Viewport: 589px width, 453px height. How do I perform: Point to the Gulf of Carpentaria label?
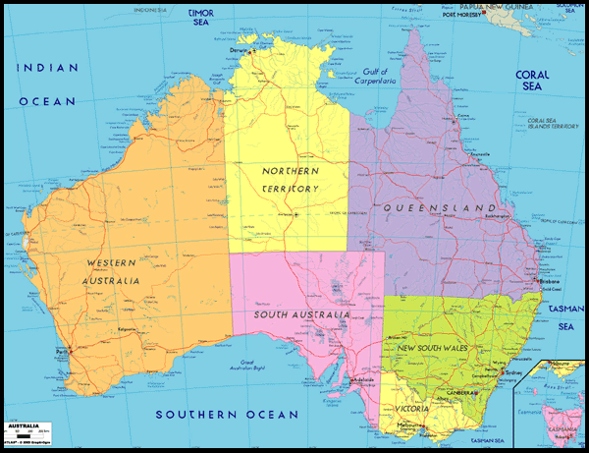376,76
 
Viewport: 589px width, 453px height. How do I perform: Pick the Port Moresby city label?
463,15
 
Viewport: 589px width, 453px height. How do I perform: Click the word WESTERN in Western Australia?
111,262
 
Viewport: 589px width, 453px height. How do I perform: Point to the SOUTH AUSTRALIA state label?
301,314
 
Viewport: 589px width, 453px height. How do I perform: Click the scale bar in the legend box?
24,431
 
